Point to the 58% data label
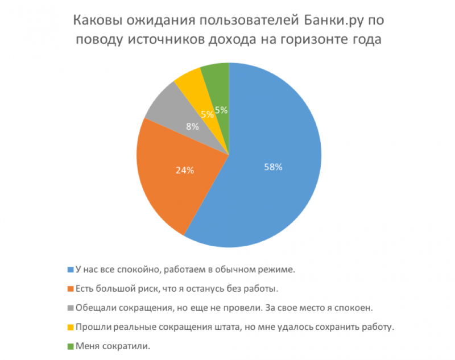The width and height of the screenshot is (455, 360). pos(273,167)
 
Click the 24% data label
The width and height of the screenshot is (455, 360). pos(184,169)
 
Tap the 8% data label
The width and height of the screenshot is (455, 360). pos(192,127)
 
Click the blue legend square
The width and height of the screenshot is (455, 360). pos(71,269)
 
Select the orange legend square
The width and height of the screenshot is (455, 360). pos(71,288)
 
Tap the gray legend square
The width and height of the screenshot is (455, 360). pos(71,308)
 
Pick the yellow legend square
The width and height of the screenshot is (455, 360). pos(71,327)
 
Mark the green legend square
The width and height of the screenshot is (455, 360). pos(71,346)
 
